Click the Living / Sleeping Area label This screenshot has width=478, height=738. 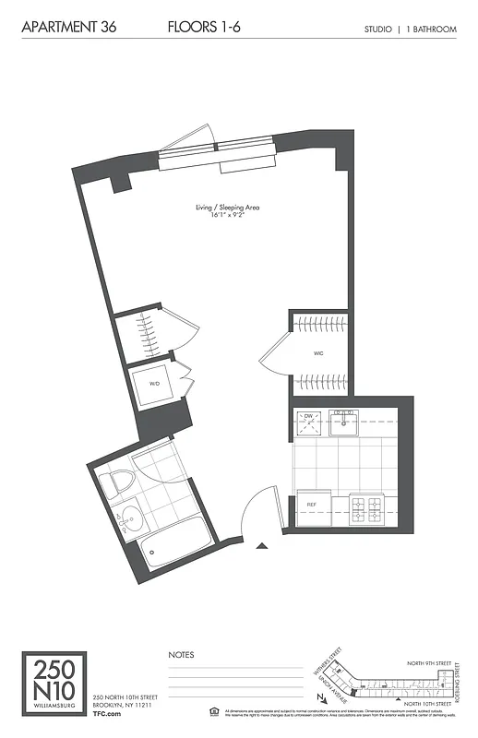[x=227, y=208]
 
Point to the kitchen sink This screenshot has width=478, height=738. [x=343, y=423]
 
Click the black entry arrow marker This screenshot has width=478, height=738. [x=262, y=547]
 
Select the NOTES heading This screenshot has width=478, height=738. [x=181, y=654]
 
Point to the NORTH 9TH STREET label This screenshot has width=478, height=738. [x=431, y=663]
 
